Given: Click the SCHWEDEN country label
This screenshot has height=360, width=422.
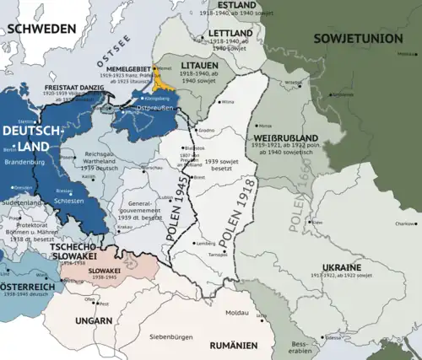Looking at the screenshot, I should point(38,28).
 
